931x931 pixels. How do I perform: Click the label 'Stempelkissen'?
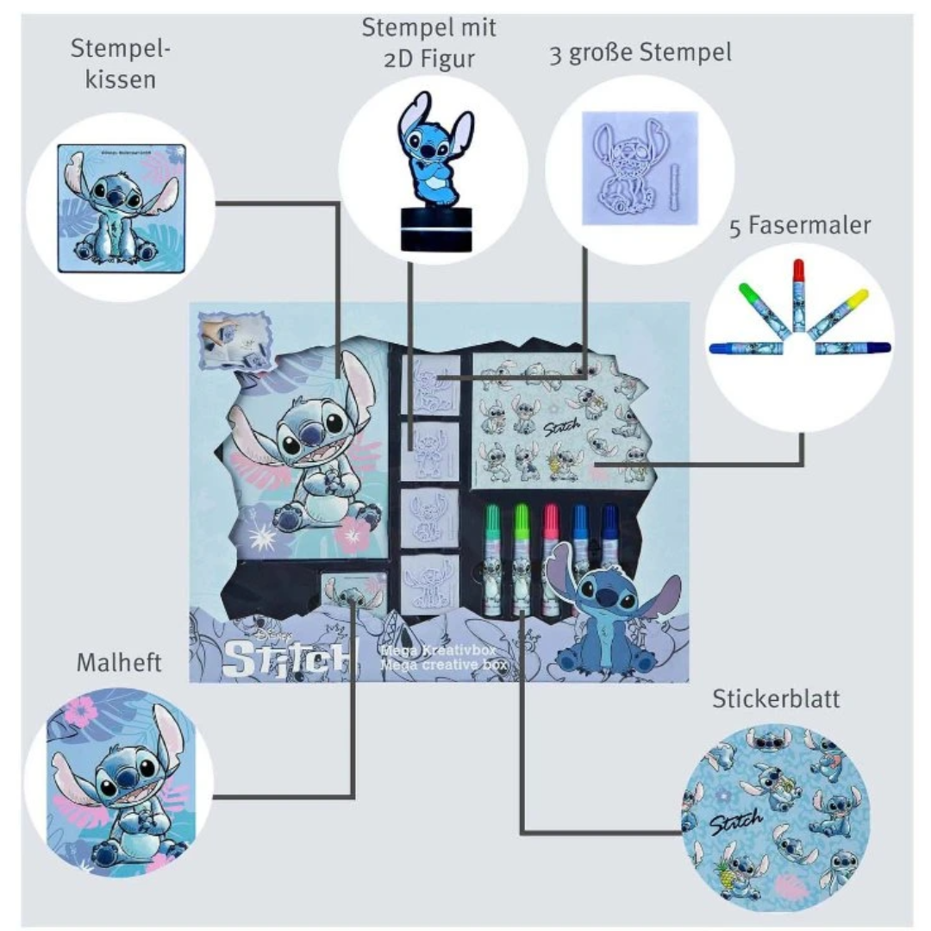[121, 65]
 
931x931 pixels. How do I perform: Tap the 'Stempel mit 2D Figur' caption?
[428, 43]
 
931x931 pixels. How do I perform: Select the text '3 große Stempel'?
[640, 53]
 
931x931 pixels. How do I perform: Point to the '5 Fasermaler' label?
[800, 226]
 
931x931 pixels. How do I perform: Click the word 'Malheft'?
[119, 663]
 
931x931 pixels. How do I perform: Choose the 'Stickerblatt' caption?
[776, 698]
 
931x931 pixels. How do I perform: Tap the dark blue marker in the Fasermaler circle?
[746, 348]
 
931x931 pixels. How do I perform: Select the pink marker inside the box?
[551, 552]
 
